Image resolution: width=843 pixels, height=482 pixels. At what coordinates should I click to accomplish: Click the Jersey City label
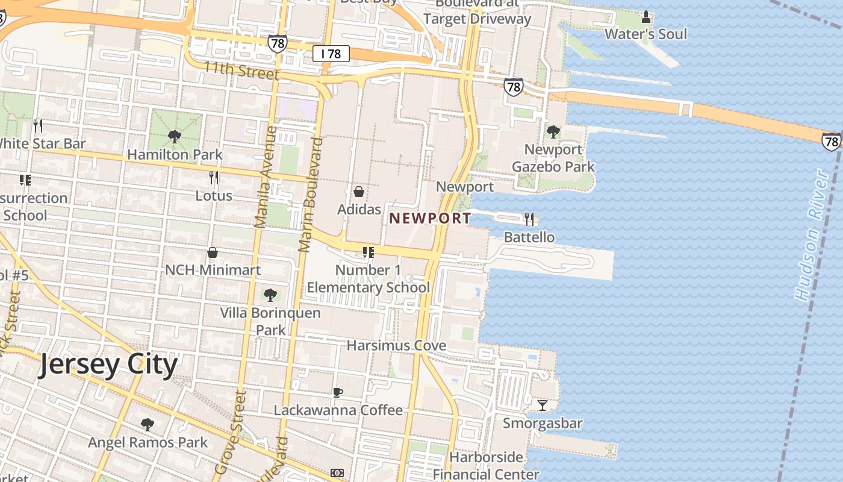coord(108,365)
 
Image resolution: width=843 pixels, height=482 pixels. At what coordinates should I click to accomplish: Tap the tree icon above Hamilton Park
coord(175,137)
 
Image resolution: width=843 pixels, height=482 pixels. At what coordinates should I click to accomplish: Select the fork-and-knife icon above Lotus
coord(214,178)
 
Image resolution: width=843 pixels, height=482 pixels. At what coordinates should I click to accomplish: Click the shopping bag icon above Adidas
coord(359,192)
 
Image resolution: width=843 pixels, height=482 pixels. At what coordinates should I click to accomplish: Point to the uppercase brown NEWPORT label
coord(430,218)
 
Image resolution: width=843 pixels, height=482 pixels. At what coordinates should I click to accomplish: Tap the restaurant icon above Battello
coord(529,219)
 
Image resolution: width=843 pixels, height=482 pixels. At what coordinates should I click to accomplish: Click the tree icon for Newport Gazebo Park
coord(553,131)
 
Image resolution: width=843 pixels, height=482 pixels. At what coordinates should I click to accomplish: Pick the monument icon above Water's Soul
coord(646,16)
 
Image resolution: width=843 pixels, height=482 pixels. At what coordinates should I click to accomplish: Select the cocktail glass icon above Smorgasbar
coord(543,405)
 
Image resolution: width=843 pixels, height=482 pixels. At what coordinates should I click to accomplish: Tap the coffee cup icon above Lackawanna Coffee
coord(338,392)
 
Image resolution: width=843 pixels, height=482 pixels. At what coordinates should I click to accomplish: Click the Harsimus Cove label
coord(396,345)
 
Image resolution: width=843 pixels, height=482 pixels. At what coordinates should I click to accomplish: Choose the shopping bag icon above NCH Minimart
coord(213,252)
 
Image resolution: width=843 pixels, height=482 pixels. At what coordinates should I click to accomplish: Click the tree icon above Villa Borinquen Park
coord(270,295)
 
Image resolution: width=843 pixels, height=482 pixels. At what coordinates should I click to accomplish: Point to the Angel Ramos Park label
coord(148,442)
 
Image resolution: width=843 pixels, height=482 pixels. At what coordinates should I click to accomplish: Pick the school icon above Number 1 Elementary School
coord(368,252)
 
